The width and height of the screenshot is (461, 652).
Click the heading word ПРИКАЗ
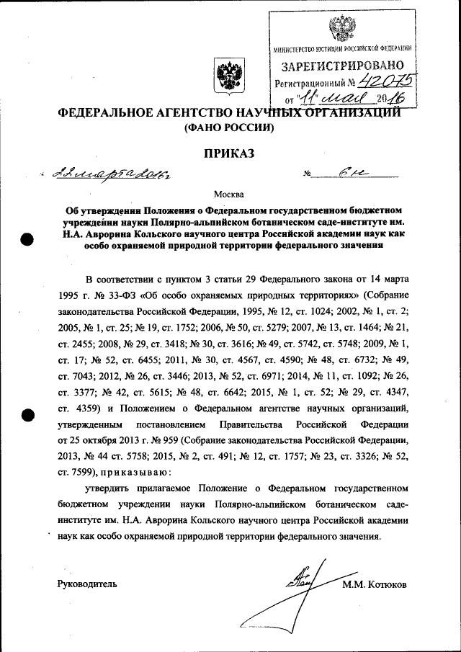(x=230, y=152)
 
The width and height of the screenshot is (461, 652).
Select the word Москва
(x=229, y=194)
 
